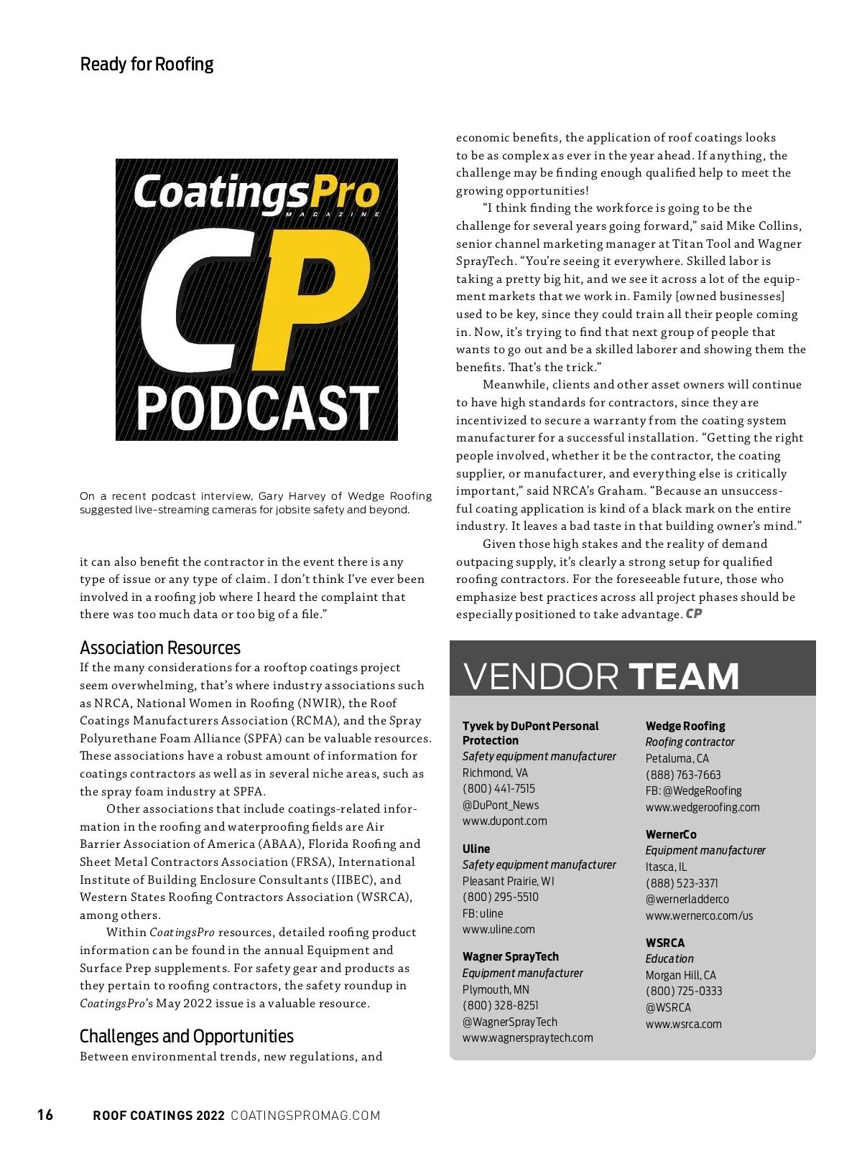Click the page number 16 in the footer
pos(45,1114)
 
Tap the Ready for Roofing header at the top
pos(147,65)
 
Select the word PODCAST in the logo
pos(257,409)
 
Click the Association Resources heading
pos(159,648)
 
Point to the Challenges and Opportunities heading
pos(186,1036)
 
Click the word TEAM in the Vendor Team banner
pos(683,676)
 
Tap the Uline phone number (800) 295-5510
pos(500,897)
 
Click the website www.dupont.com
pos(504,821)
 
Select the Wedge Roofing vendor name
pos(685,726)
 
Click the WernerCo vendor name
pos(670,834)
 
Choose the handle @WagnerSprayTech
pos(509,1022)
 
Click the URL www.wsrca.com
pos(683,1024)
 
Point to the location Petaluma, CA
pos(677,758)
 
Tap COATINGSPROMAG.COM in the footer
pos(305,1115)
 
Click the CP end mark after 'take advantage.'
pos(694,614)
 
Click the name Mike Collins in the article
pos(763,226)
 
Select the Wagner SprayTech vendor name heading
pos(510,956)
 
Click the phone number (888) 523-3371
pos(681,883)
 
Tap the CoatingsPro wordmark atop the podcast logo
pos(256,192)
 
